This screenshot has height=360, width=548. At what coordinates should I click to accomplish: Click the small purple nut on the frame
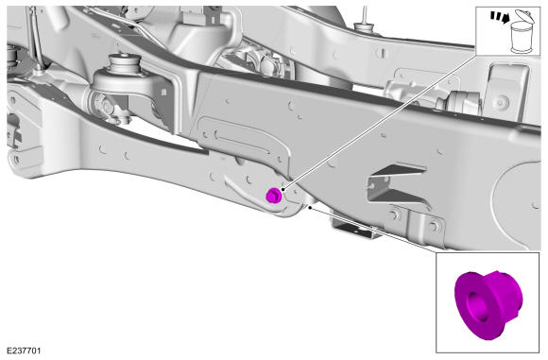(x=274, y=196)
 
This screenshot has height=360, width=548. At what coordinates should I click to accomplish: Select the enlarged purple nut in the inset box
(x=488, y=303)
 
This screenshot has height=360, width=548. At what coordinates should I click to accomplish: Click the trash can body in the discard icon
(x=522, y=38)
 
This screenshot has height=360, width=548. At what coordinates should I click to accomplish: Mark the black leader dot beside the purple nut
(x=283, y=189)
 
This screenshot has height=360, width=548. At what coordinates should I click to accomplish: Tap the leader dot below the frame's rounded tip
(x=310, y=207)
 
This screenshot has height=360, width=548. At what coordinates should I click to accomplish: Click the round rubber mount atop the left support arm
(x=125, y=65)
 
